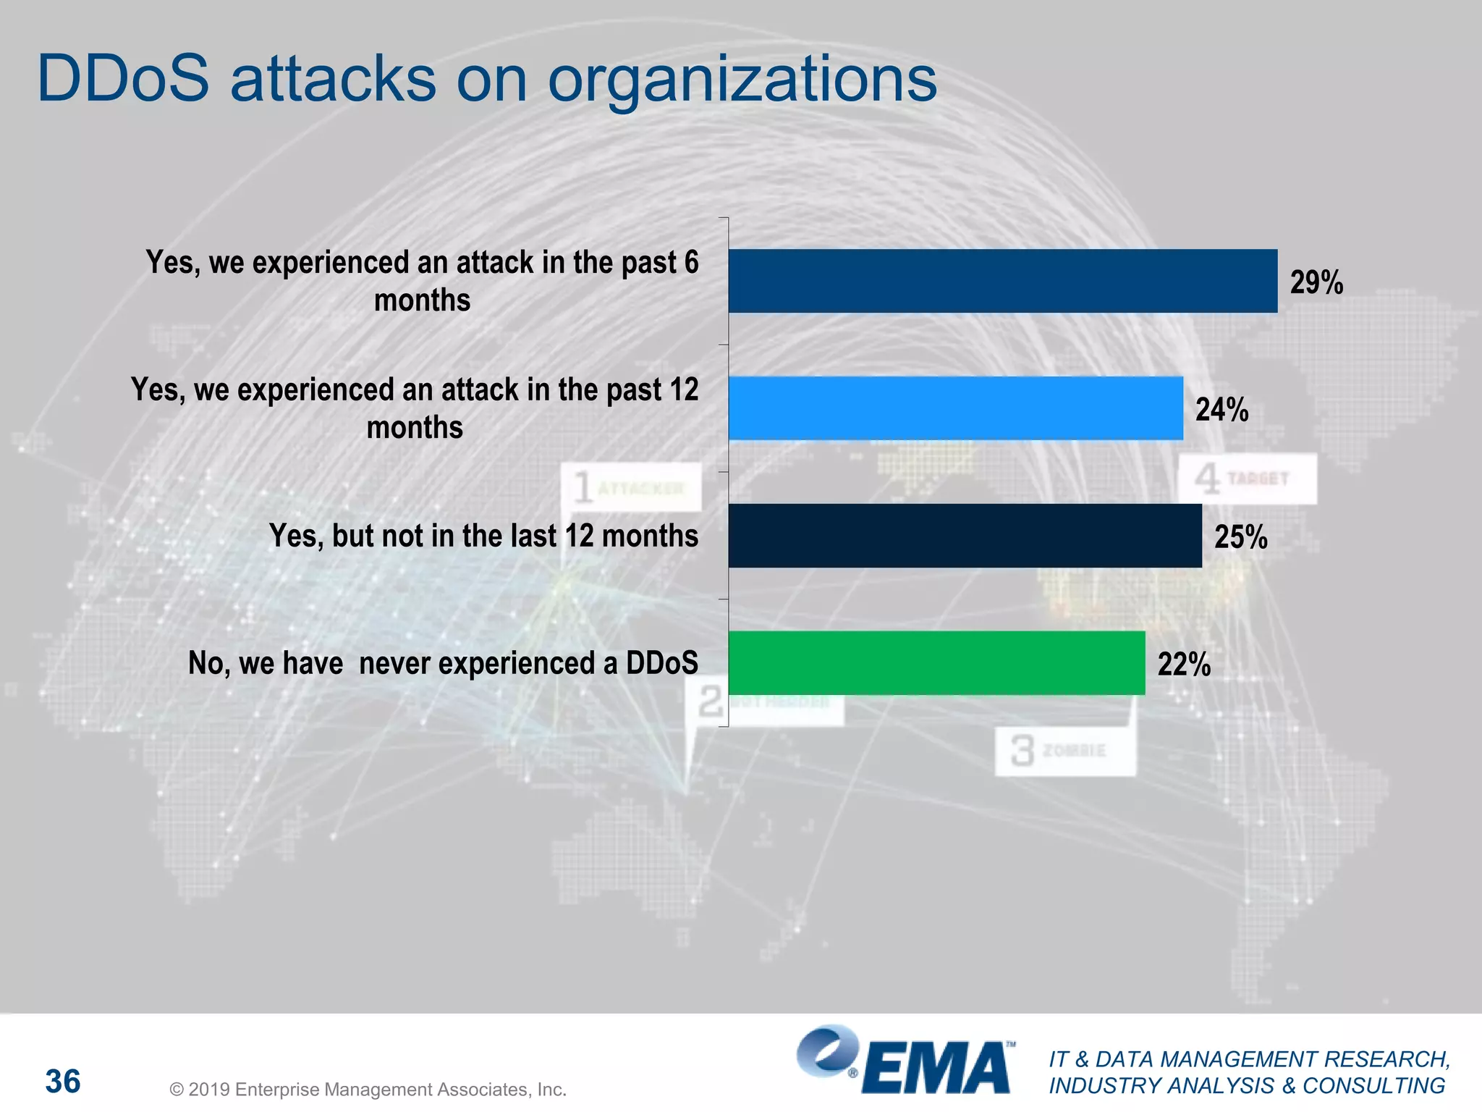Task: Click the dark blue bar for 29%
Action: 1002,281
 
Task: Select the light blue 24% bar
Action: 955,408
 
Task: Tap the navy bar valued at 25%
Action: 965,536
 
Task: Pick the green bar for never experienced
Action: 936,662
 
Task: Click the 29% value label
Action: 1316,282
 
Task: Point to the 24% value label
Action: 1221,410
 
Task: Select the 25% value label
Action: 1240,537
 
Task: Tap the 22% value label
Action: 1184,665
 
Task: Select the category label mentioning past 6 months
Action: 423,281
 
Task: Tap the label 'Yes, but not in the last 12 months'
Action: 483,536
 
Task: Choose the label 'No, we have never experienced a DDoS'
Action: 443,663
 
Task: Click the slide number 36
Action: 63,1081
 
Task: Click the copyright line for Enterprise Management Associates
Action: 368,1090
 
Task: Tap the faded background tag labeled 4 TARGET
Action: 1248,479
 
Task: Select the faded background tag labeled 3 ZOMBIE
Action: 1064,751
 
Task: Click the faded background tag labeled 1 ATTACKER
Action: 630,487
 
